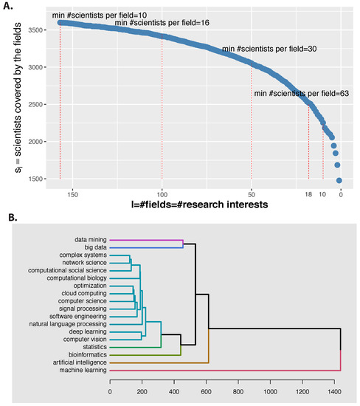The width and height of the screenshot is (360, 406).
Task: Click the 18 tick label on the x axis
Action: [x=308, y=195]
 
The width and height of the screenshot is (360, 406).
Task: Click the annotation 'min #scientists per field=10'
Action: [x=94, y=14]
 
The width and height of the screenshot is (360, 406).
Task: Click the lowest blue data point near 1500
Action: [x=339, y=179]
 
